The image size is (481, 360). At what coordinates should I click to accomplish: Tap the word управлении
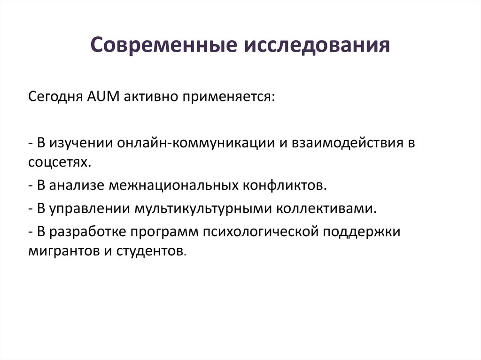pyautogui.click(x=88, y=208)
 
